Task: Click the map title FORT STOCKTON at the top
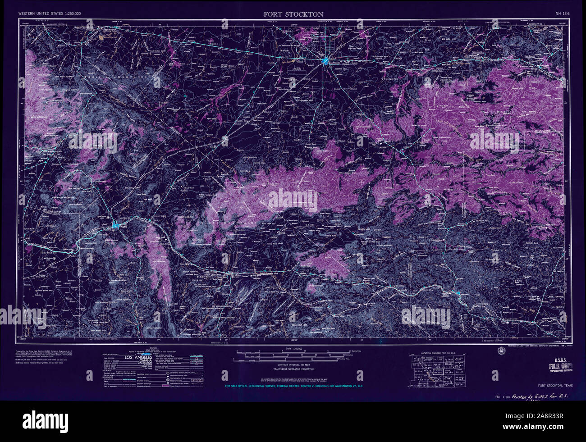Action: click(x=293, y=14)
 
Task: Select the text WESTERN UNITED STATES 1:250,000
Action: click(x=50, y=14)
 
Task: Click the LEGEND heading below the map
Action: click(x=152, y=349)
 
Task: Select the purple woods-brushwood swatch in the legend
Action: click(x=171, y=387)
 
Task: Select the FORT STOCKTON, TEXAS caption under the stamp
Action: click(x=555, y=386)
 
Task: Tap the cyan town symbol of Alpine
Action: click(x=117, y=224)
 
